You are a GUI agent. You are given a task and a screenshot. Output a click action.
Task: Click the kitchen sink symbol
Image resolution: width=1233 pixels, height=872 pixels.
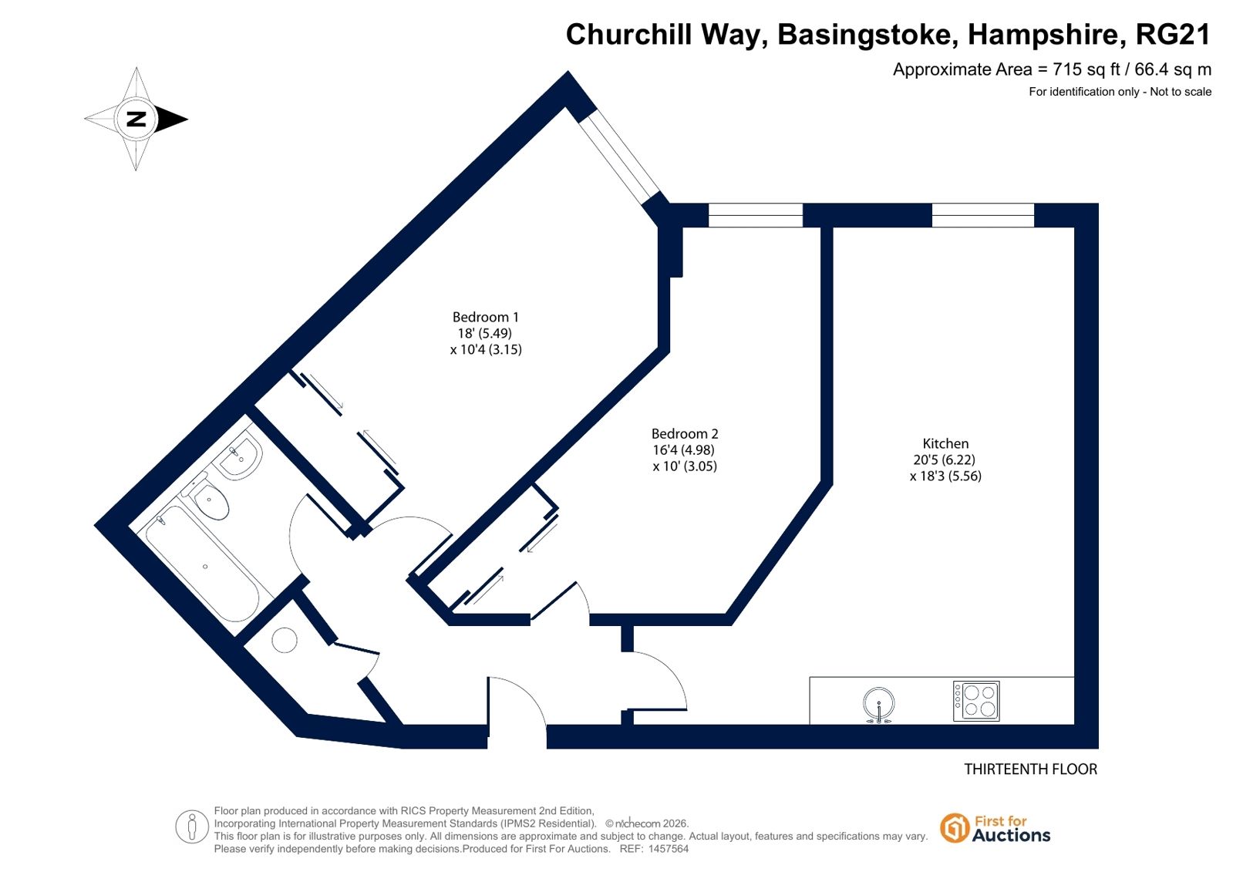pyautogui.click(x=878, y=704)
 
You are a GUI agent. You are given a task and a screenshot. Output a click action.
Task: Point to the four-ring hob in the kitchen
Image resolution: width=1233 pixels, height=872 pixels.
pyautogui.click(x=976, y=702)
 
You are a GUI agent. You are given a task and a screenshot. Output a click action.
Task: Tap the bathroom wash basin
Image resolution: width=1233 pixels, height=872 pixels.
pyautogui.click(x=240, y=455)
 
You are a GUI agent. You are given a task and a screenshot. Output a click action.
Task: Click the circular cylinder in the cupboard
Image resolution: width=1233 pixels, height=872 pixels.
pyautogui.click(x=285, y=640)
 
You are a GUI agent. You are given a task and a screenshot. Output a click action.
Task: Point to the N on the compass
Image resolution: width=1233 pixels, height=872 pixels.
pyautogui.click(x=136, y=119)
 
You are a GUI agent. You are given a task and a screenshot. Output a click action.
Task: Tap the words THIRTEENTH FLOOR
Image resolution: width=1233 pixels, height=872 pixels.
pyautogui.click(x=1030, y=769)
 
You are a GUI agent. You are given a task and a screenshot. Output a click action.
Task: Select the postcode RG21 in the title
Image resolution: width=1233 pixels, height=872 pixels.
pyautogui.click(x=1173, y=35)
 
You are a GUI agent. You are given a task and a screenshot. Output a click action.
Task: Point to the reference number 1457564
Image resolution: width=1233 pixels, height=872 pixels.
pyautogui.click(x=669, y=849)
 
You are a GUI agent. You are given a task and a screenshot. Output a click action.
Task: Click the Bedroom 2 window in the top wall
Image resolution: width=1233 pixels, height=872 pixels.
pyautogui.click(x=755, y=215)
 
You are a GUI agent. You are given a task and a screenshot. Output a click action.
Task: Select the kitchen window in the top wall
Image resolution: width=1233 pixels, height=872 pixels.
pyautogui.click(x=983, y=215)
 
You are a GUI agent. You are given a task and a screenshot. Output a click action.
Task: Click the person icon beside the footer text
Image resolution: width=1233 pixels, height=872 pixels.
pyautogui.click(x=191, y=827)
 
